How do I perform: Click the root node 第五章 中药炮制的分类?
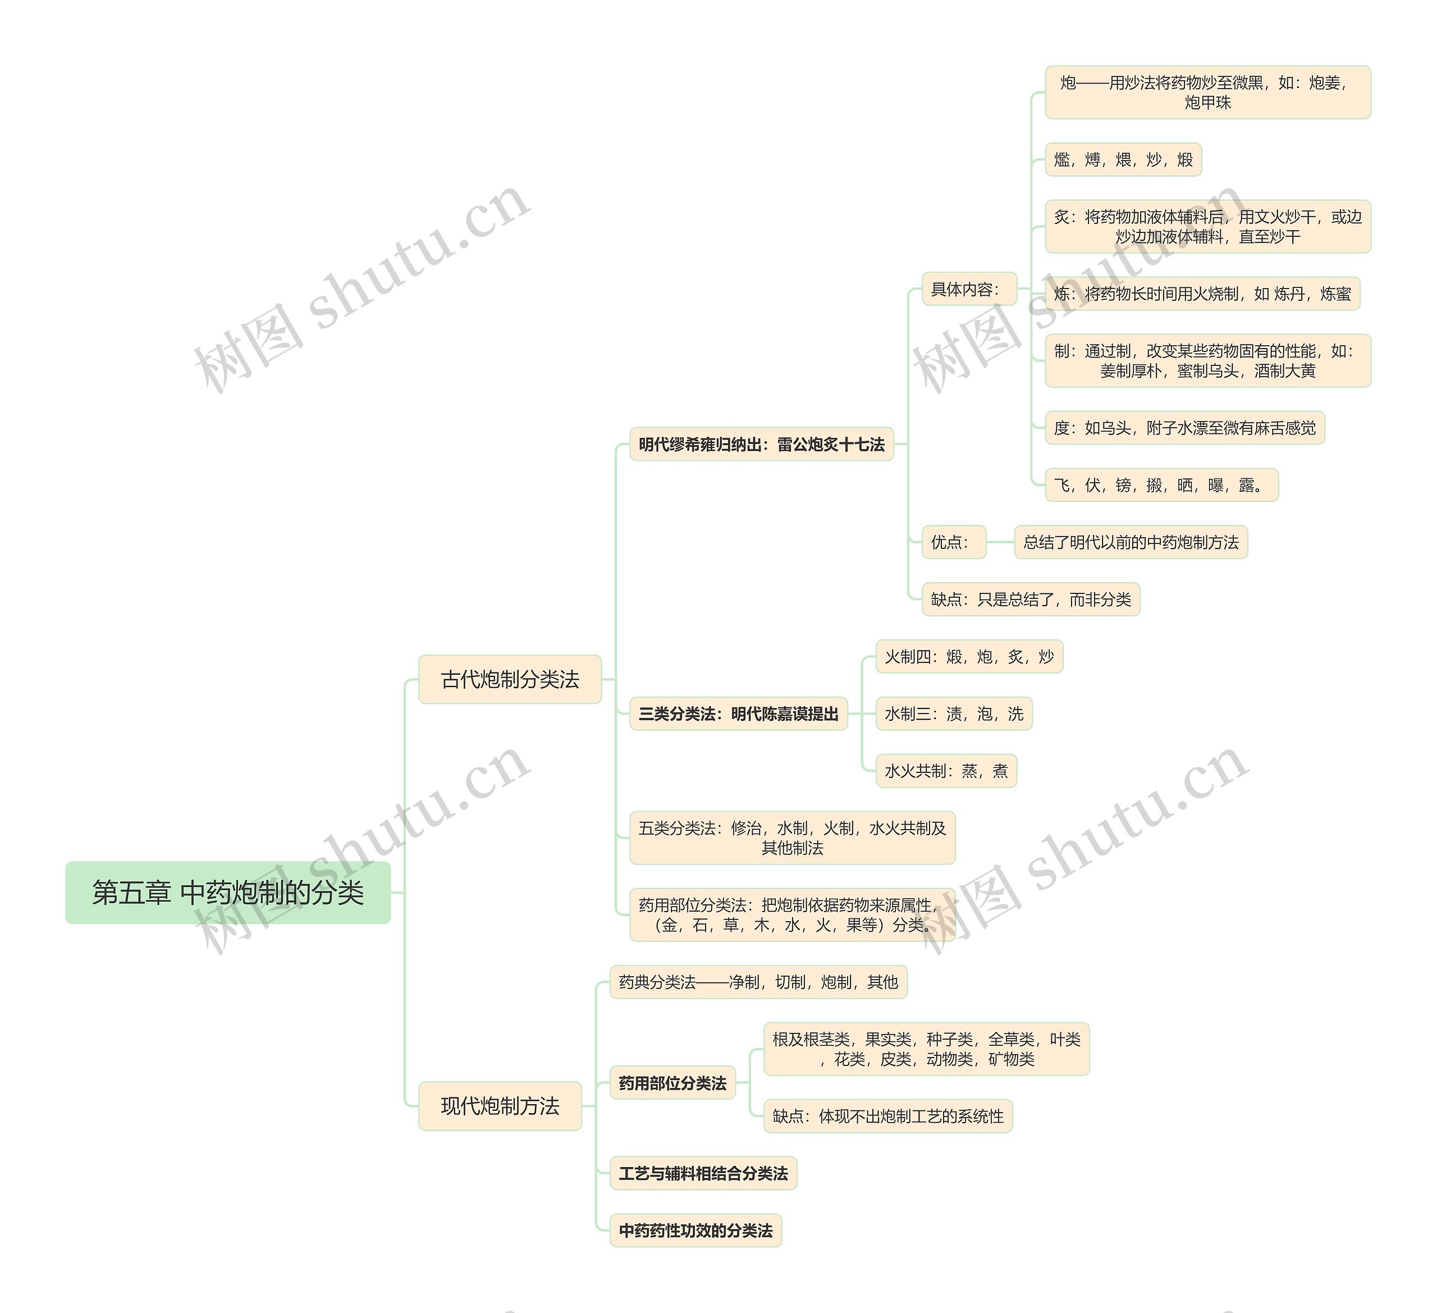click(x=227, y=893)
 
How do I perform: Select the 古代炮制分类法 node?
click(x=510, y=679)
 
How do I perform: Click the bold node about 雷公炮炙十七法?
click(x=761, y=444)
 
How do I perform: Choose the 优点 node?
click(x=953, y=542)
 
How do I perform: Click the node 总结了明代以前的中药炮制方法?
click(x=1131, y=542)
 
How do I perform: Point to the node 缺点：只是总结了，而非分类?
click(x=1031, y=600)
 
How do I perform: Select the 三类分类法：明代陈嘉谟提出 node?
click(x=739, y=713)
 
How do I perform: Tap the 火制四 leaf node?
click(x=969, y=657)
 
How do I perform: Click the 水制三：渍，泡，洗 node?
click(x=954, y=713)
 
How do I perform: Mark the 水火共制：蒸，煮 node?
click(x=946, y=771)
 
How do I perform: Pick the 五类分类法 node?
click(x=792, y=838)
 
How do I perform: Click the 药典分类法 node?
click(x=758, y=982)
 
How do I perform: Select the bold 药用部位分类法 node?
click(x=672, y=1083)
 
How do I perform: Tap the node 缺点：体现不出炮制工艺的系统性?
click(x=887, y=1117)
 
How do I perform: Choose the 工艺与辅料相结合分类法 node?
click(x=703, y=1173)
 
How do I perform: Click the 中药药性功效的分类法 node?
click(x=695, y=1230)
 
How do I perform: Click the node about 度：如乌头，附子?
click(x=1184, y=428)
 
